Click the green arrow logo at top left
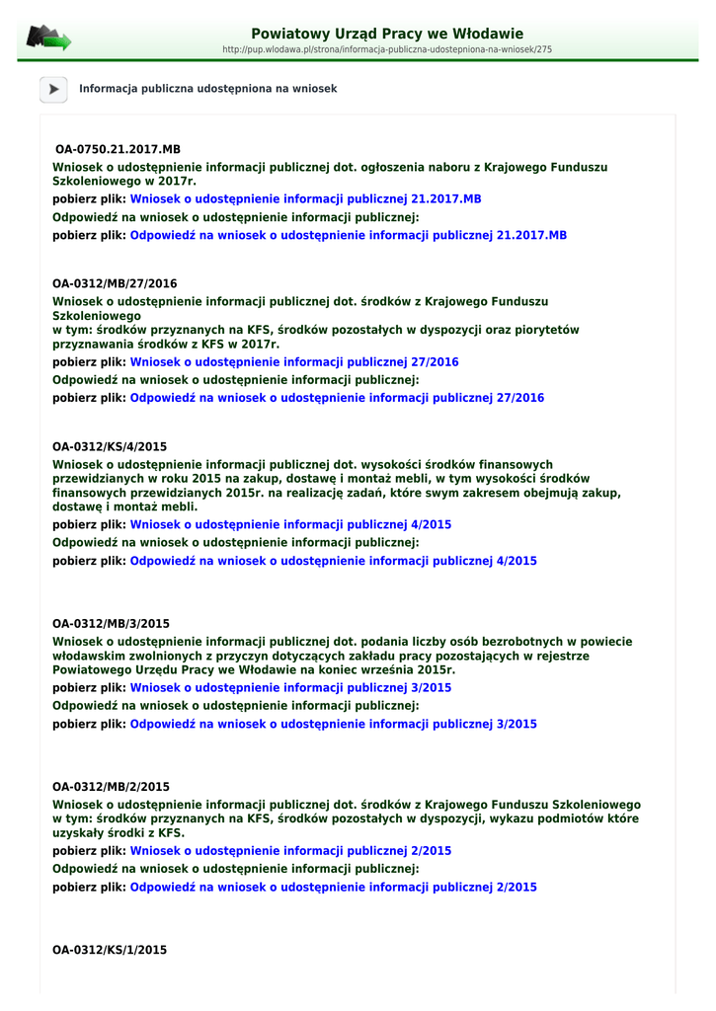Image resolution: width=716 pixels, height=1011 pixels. tap(48, 39)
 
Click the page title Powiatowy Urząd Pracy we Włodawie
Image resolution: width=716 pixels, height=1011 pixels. tap(387, 34)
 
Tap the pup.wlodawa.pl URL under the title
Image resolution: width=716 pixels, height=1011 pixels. tap(387, 49)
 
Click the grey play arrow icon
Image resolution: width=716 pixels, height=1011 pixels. tap(52, 89)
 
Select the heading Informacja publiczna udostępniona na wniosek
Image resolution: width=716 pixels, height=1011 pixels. tap(207, 89)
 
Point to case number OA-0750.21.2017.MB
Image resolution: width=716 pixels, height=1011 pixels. tap(118, 149)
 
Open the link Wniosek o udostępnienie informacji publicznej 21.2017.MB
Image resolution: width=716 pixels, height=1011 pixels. tap(305, 198)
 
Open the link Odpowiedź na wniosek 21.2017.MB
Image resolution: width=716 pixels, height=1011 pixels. tap(349, 236)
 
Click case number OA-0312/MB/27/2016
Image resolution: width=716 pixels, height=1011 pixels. tap(115, 284)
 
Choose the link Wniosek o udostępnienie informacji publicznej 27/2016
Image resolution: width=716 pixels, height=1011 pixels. tap(294, 362)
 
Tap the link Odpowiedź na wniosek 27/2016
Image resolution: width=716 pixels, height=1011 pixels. tap(337, 398)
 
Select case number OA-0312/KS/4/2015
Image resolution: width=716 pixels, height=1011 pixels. tap(110, 447)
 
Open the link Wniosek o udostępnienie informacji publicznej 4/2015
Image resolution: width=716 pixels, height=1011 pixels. tap(290, 524)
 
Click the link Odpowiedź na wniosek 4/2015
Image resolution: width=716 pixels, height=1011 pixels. tap(334, 561)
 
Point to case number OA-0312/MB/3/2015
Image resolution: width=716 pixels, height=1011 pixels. tap(111, 624)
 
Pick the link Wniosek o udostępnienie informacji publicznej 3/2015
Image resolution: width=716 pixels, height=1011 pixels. tap(290, 687)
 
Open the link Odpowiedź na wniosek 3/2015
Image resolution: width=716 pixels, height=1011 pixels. tap(334, 724)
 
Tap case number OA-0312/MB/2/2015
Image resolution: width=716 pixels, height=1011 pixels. tap(111, 787)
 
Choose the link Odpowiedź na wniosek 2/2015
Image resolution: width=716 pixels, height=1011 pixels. tap(334, 887)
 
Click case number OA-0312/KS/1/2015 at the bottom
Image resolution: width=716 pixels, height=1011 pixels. tap(110, 950)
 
